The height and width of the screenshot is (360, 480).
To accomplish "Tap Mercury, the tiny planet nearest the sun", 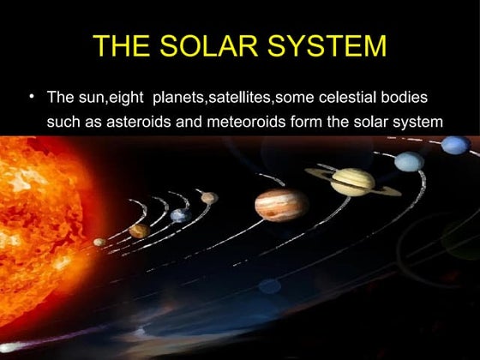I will click(99, 242).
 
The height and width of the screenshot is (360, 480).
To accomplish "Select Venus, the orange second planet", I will click(138, 230).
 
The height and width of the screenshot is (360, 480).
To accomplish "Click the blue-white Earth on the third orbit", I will click(178, 215).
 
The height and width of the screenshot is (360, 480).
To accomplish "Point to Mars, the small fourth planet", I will click(209, 198).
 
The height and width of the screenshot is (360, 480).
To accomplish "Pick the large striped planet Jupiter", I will click(280, 204).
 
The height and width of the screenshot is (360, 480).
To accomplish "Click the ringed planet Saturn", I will click(352, 181).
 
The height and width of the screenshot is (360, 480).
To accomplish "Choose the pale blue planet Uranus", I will click(410, 161).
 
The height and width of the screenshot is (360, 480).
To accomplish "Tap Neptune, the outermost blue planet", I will click(454, 144).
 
